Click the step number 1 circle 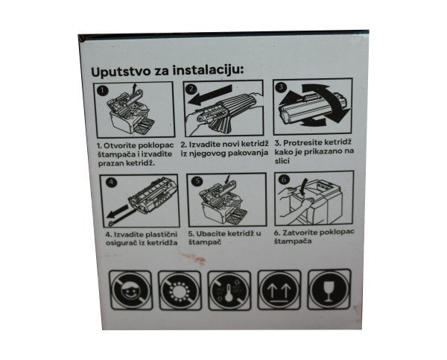103,90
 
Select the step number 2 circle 191,89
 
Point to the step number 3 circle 281,86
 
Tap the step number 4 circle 111,183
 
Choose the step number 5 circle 197,181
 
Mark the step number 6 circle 285,180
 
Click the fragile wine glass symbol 329,289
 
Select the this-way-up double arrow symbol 279,290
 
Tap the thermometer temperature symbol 229,291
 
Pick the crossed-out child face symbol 130,291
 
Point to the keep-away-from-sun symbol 180,291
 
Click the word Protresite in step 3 303,142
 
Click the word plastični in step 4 162,235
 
